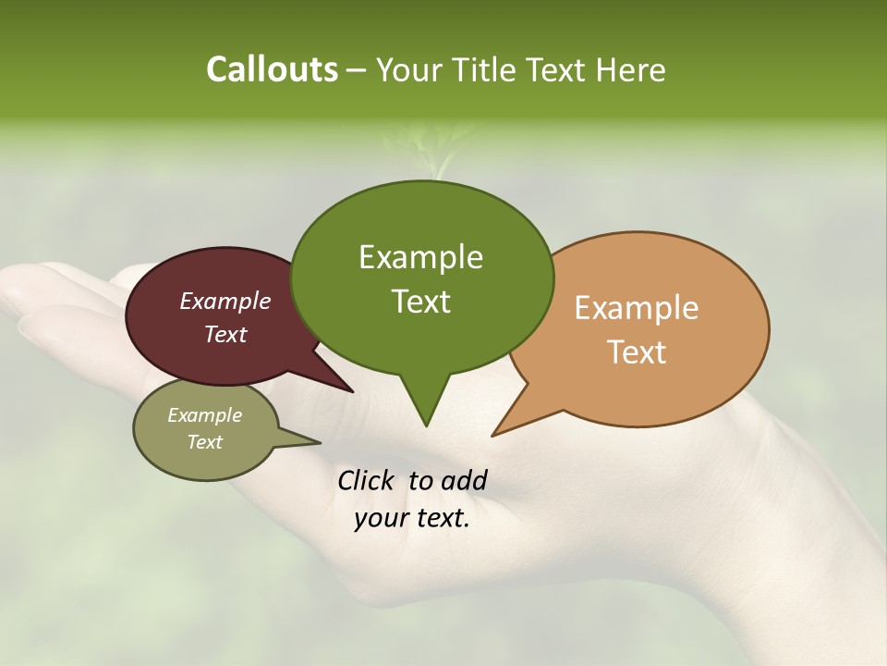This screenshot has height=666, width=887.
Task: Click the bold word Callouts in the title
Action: point(272,69)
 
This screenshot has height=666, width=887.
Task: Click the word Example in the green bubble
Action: point(420,257)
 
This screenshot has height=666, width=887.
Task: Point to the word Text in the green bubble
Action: point(420,302)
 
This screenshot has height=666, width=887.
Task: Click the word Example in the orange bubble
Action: point(637,308)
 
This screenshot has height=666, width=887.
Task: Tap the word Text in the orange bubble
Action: point(637,352)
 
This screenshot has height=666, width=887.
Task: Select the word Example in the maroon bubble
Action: point(225,302)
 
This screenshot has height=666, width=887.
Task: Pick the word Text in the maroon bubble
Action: point(225,334)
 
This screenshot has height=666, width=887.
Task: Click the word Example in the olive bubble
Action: point(204,415)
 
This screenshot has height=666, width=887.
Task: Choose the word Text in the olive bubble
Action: point(204,442)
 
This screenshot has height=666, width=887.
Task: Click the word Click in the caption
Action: point(367,480)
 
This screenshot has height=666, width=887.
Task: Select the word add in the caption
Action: point(463,480)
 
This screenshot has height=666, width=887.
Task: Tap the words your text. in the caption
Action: point(412,518)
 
